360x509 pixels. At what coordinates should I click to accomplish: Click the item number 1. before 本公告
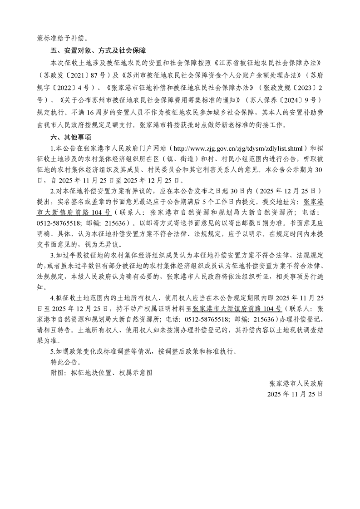click(x=52, y=148)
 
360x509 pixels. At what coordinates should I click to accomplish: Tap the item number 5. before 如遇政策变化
click(x=52, y=351)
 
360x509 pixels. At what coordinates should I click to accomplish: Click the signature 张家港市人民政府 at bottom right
click(x=296, y=383)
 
